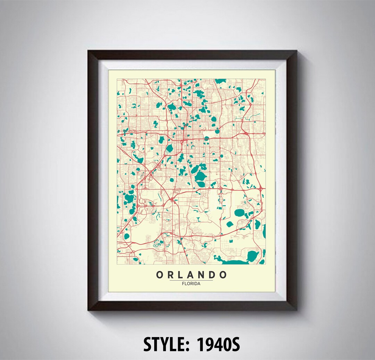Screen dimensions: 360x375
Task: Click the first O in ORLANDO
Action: [160, 275]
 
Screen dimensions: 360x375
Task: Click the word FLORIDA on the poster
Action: [191, 283]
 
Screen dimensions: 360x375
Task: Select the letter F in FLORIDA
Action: [183, 283]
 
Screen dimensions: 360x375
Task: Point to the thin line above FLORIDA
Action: [191, 280]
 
